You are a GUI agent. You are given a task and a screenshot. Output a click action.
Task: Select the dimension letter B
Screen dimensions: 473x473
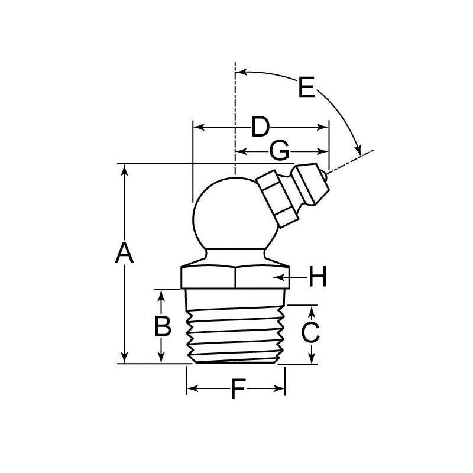163,326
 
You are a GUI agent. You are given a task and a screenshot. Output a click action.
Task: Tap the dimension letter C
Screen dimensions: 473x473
310,333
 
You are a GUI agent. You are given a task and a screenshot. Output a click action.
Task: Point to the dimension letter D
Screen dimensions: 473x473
260,127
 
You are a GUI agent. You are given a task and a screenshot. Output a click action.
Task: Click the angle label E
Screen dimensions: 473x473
306,88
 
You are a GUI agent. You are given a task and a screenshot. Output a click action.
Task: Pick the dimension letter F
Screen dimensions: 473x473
237,390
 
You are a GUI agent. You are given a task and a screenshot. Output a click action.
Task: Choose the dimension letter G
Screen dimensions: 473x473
279,151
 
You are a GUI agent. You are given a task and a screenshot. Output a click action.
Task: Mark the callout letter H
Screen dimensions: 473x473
318,277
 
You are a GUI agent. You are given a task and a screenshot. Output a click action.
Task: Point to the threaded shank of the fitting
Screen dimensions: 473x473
235,334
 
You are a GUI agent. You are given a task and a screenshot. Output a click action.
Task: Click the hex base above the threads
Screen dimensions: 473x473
235,277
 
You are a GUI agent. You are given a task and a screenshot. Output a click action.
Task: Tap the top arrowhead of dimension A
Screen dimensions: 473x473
124,169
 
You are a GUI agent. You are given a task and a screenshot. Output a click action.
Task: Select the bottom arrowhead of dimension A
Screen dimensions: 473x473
124,359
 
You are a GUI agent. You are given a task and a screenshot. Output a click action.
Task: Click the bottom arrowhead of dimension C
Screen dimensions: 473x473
312,359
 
